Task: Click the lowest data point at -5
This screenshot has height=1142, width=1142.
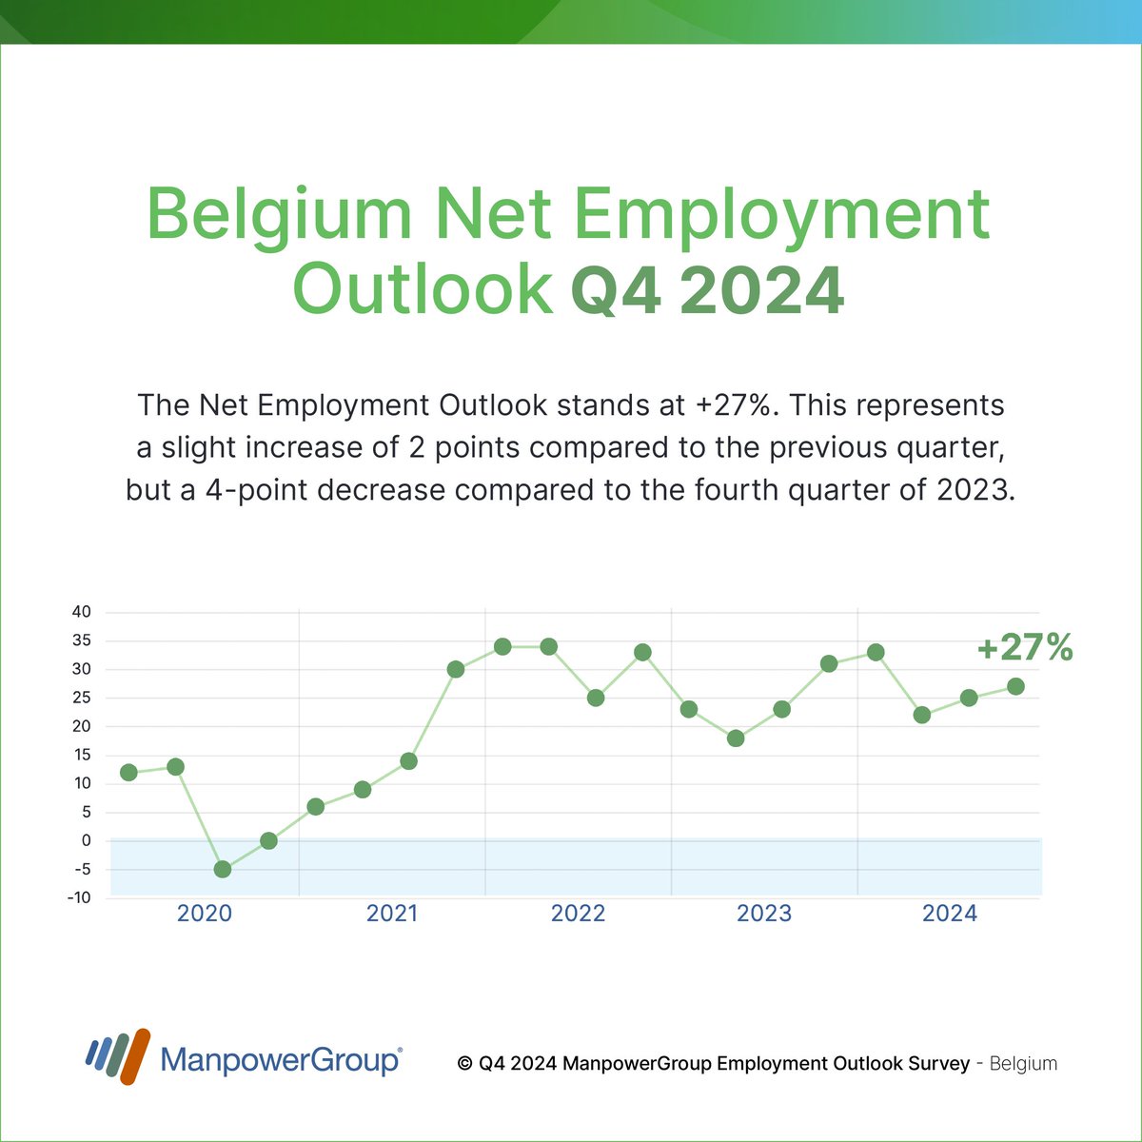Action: (x=223, y=869)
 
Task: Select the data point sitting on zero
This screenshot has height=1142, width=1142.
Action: (x=268, y=840)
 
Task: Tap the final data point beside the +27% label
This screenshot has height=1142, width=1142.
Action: (x=1015, y=686)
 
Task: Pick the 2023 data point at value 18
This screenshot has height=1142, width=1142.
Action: (x=735, y=738)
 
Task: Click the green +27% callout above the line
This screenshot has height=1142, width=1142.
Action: (x=1024, y=649)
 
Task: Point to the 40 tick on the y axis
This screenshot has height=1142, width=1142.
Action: (x=82, y=612)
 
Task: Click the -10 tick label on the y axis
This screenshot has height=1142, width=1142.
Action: (x=80, y=897)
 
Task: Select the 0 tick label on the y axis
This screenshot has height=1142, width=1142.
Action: (x=87, y=840)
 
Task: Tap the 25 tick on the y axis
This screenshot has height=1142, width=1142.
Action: (x=82, y=698)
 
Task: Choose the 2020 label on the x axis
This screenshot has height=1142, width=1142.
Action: (x=205, y=914)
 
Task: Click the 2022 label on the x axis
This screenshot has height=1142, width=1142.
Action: (x=578, y=914)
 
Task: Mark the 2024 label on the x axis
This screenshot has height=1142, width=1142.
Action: (x=950, y=914)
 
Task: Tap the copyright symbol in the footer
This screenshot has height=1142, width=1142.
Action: (x=465, y=1064)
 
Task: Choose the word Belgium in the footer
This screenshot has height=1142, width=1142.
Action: (x=1023, y=1064)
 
